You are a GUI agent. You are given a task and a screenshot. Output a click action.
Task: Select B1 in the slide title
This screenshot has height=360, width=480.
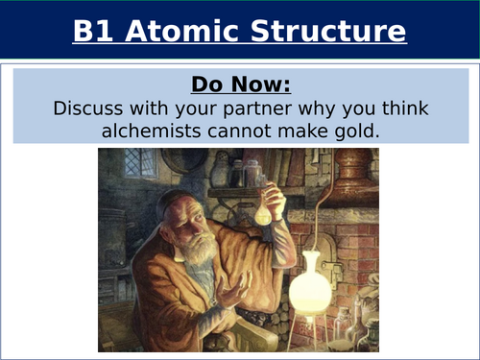click(x=95, y=32)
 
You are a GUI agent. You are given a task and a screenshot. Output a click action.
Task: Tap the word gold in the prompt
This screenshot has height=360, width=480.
click(x=359, y=128)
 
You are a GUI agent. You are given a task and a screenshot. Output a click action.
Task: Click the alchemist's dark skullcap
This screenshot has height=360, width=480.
click(x=182, y=203)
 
